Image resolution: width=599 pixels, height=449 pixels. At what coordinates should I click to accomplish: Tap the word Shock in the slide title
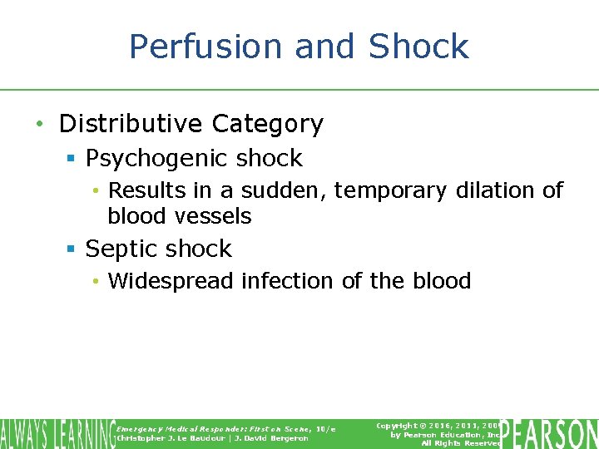coord(419,47)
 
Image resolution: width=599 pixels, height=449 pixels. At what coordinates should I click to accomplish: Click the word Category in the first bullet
coord(267,125)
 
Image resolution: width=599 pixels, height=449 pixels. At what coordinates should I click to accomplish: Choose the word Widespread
coord(171,281)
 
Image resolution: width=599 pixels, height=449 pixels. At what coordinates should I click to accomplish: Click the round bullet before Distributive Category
coord(40,125)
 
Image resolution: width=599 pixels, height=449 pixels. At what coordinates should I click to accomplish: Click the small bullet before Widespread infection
coord(97,282)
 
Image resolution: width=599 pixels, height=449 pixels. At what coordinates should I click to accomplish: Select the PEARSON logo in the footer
coord(549,434)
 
